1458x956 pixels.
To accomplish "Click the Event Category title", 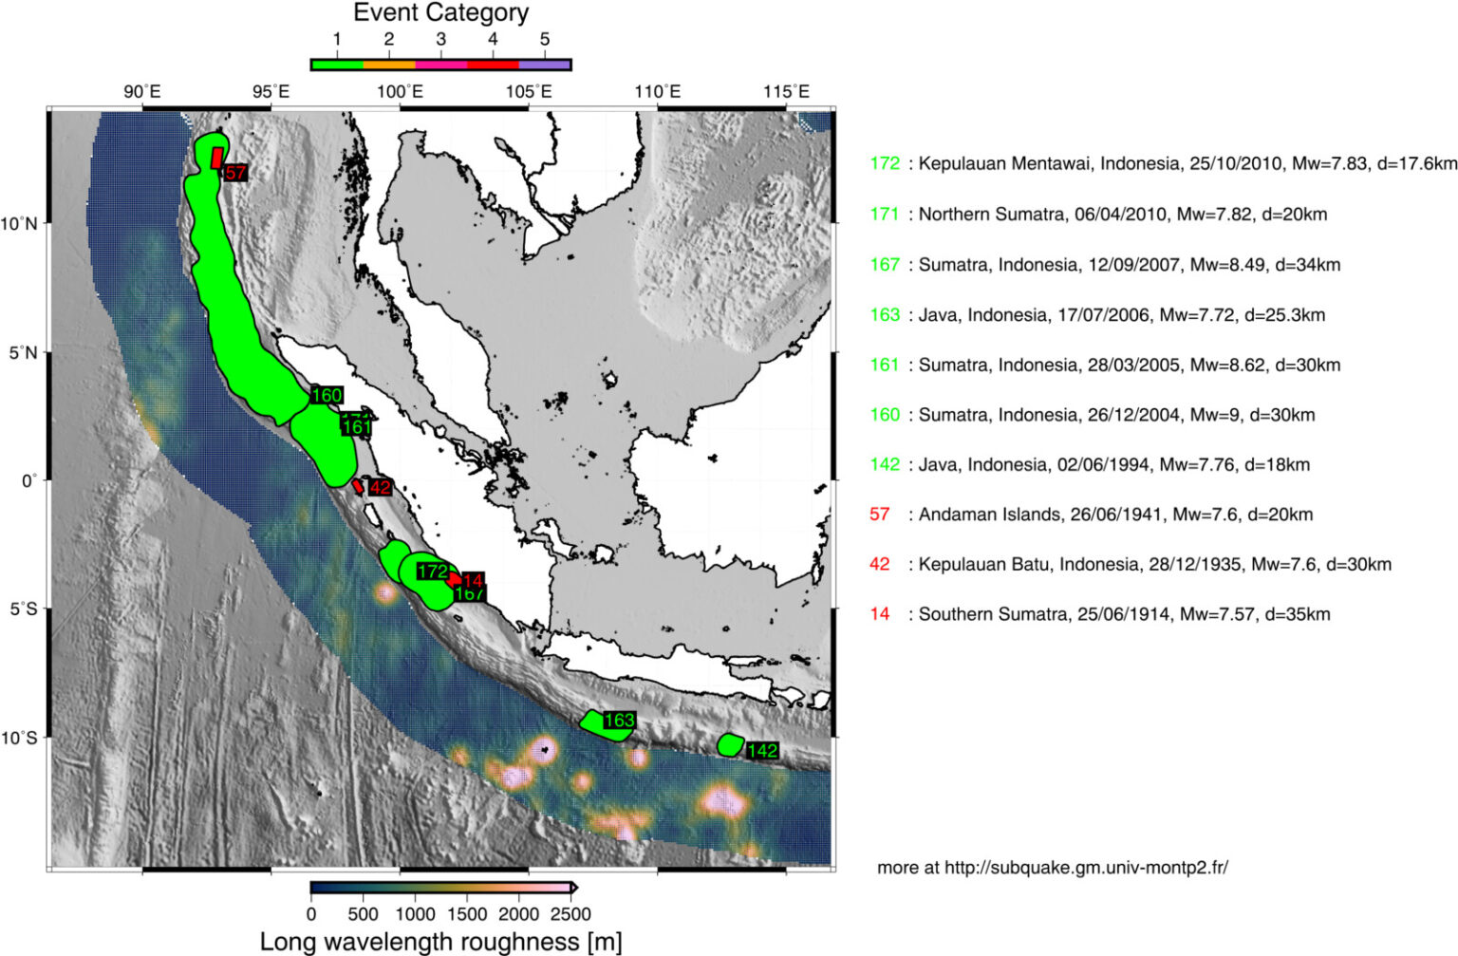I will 440,13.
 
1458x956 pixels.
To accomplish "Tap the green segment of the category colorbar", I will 337,65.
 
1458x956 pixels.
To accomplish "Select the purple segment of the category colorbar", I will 545,65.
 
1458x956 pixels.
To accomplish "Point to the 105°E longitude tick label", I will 529,92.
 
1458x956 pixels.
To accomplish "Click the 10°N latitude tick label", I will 19,224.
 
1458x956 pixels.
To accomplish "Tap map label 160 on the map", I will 327,395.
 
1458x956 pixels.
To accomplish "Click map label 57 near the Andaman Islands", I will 235,173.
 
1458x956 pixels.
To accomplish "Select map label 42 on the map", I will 380,487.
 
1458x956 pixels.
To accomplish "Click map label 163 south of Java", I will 619,721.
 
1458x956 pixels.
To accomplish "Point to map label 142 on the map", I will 762,751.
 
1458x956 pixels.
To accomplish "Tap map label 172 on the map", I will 433,571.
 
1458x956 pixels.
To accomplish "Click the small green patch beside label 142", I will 729,744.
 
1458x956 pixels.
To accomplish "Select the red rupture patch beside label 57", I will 217,157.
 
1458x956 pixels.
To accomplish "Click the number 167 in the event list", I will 885,265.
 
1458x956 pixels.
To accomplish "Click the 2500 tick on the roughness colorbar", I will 570,914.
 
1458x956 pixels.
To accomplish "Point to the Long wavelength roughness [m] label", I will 440,941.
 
